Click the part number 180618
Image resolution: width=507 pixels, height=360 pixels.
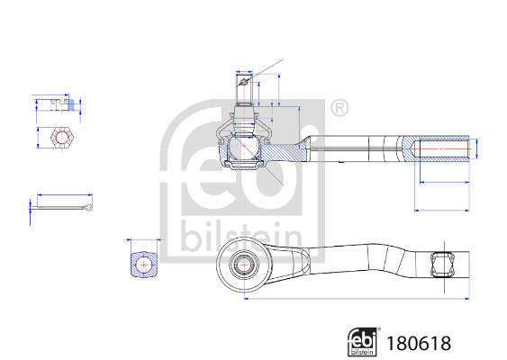(x=419, y=343)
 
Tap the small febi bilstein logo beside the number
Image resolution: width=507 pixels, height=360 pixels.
(x=363, y=342)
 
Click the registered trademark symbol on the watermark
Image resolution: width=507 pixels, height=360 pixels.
(x=340, y=108)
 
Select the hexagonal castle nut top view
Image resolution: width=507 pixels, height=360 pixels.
(x=62, y=138)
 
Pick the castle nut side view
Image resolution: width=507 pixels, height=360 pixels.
(x=61, y=104)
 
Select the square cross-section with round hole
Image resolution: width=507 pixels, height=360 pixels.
(x=144, y=265)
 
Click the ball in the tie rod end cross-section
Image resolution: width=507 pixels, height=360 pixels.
(x=243, y=147)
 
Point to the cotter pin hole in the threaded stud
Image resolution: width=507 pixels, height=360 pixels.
(x=244, y=82)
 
